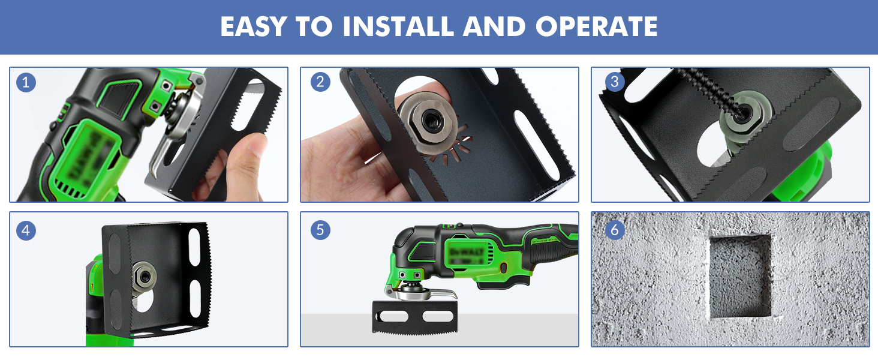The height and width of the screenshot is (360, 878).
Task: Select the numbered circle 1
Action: pos(26,82)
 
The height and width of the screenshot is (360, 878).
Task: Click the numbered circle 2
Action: pos(320,82)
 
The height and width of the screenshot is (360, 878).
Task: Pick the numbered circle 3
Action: pos(612,82)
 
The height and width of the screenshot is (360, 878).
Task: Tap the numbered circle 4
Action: pos(26,230)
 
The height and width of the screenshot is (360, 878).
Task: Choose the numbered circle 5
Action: pos(320,230)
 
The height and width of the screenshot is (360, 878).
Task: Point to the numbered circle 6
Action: pos(612,230)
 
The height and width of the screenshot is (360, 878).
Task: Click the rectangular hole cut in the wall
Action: pos(741,276)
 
